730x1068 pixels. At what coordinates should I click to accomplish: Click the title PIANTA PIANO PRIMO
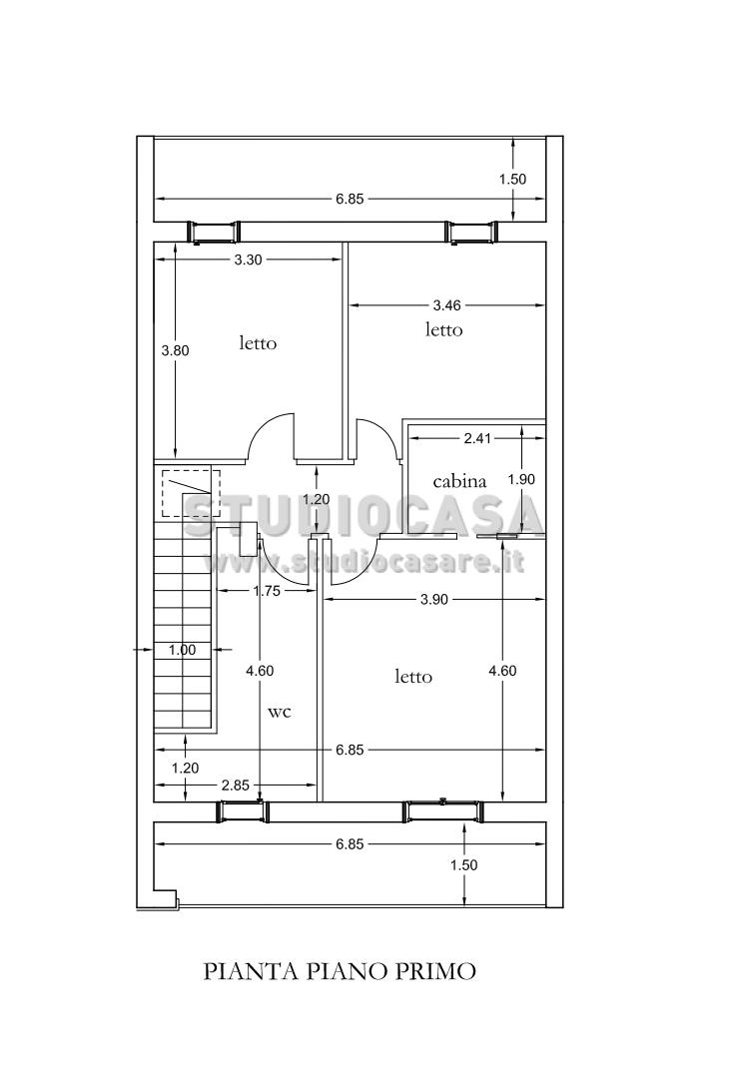coord(340,970)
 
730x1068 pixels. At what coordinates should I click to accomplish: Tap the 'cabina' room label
coord(460,481)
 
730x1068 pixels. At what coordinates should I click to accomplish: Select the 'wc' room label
coord(280,712)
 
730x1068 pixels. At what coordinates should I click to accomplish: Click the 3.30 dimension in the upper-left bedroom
coord(248,259)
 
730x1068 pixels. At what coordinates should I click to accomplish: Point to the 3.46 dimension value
coord(447,305)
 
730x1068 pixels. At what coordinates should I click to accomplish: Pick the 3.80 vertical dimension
coord(175,350)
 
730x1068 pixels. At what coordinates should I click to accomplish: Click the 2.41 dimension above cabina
coord(477,438)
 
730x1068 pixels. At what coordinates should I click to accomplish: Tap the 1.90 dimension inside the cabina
coord(521,479)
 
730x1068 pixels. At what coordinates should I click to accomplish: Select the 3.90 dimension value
coord(434,600)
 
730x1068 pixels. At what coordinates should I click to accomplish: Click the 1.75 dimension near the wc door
coord(267,591)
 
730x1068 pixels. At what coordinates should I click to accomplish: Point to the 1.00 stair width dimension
coord(182,650)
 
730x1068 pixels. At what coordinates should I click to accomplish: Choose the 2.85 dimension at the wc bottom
coord(235,786)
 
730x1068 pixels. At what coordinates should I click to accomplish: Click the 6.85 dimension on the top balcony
coord(350,199)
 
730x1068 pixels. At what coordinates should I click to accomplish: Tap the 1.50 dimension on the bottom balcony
coord(464,865)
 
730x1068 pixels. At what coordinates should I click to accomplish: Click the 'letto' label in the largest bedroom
coord(413,677)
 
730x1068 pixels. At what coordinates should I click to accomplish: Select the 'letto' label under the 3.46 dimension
coord(443,329)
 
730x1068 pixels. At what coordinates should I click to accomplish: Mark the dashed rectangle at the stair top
coord(191,493)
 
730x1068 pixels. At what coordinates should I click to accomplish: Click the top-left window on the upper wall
coord(214,233)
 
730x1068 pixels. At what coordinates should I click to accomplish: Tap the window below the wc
coord(242,811)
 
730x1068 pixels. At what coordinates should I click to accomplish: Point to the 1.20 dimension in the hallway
coord(317,499)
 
